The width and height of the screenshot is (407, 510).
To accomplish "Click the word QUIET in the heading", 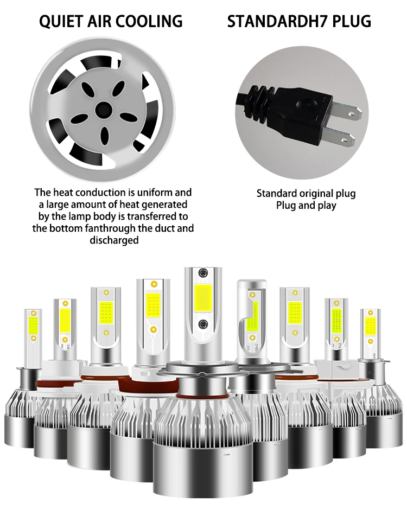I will coord(61,21).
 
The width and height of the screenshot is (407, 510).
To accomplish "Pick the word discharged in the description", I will coord(114,240).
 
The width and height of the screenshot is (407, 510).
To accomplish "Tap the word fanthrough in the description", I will coord(106,228).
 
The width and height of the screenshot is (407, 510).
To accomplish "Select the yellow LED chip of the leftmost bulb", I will coord(33,326).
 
